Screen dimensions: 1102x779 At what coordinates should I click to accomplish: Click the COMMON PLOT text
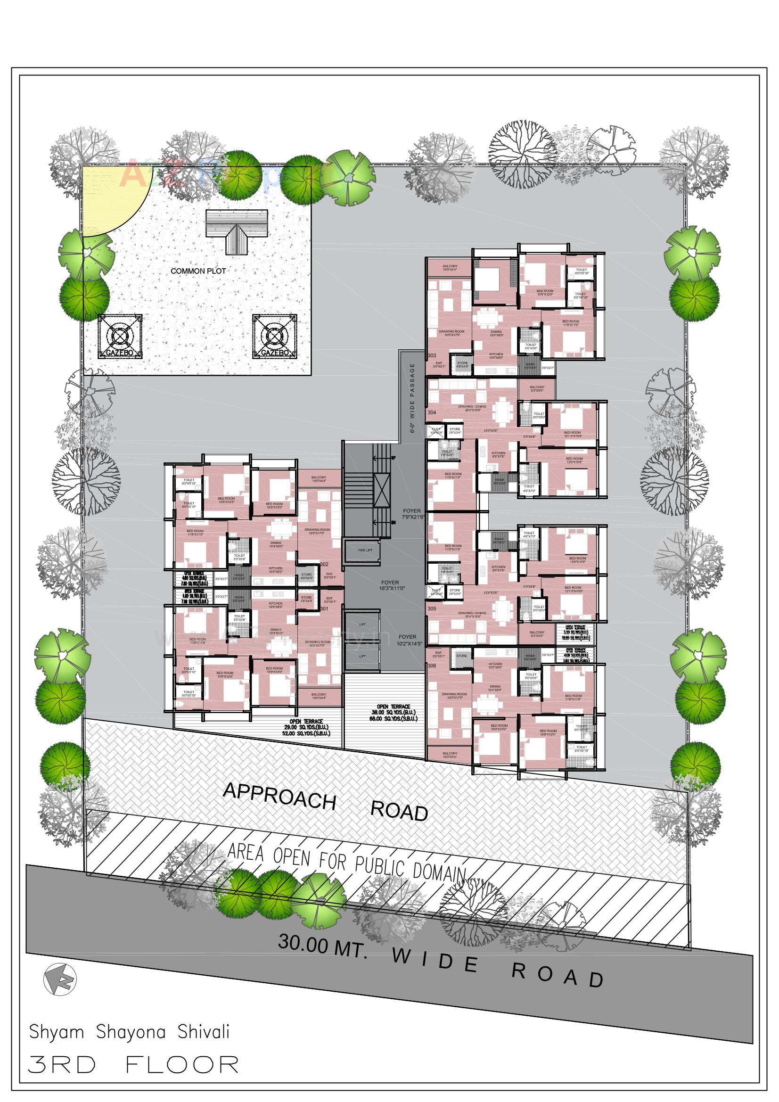click(198, 271)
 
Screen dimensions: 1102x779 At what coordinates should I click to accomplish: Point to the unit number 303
click(432, 355)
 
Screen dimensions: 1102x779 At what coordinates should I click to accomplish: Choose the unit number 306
click(432, 666)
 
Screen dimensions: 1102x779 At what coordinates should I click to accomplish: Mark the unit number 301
click(324, 609)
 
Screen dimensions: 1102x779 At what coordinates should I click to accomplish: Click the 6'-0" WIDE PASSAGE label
click(412, 398)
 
